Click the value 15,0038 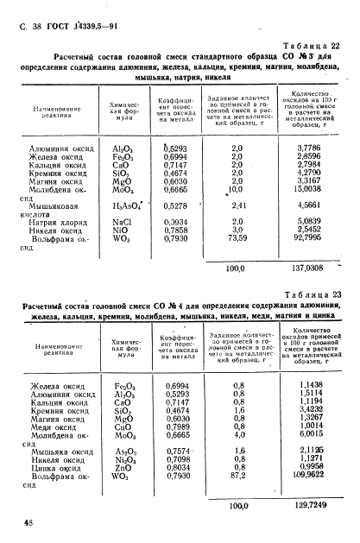pyautogui.click(x=314, y=190)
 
